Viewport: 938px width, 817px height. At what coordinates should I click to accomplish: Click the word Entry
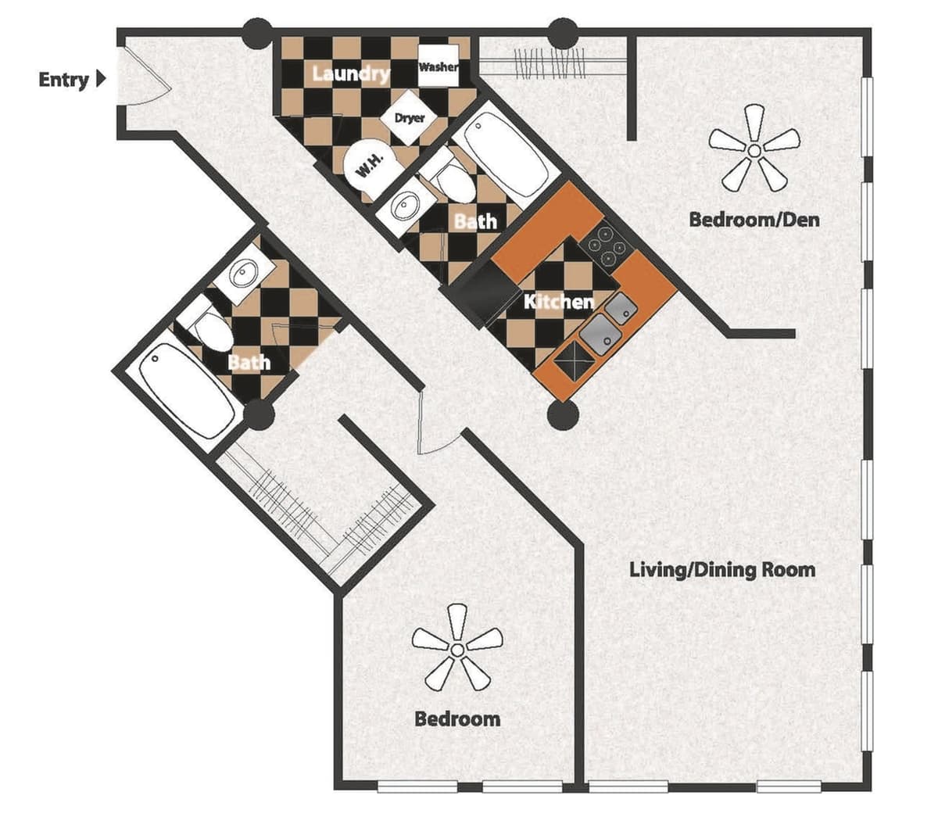coord(63,79)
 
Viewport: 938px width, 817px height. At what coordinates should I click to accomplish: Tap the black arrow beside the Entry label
coord(101,79)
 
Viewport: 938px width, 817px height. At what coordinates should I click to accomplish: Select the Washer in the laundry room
coord(438,67)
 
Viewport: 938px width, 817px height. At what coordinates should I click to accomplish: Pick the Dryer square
coord(410,118)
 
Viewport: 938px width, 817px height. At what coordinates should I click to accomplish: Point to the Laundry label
coord(351,73)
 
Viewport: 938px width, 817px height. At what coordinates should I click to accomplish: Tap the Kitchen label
coord(558,301)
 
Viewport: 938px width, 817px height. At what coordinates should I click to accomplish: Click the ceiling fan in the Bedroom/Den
coord(754,149)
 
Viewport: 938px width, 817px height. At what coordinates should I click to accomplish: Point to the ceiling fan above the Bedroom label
coord(458,648)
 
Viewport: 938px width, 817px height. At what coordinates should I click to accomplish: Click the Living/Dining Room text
coord(722,569)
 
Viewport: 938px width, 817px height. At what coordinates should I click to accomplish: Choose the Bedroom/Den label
coord(754,219)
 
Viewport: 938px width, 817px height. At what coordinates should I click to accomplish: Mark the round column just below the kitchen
coord(562,415)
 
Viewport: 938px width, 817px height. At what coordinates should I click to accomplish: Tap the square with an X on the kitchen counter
coord(575,362)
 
